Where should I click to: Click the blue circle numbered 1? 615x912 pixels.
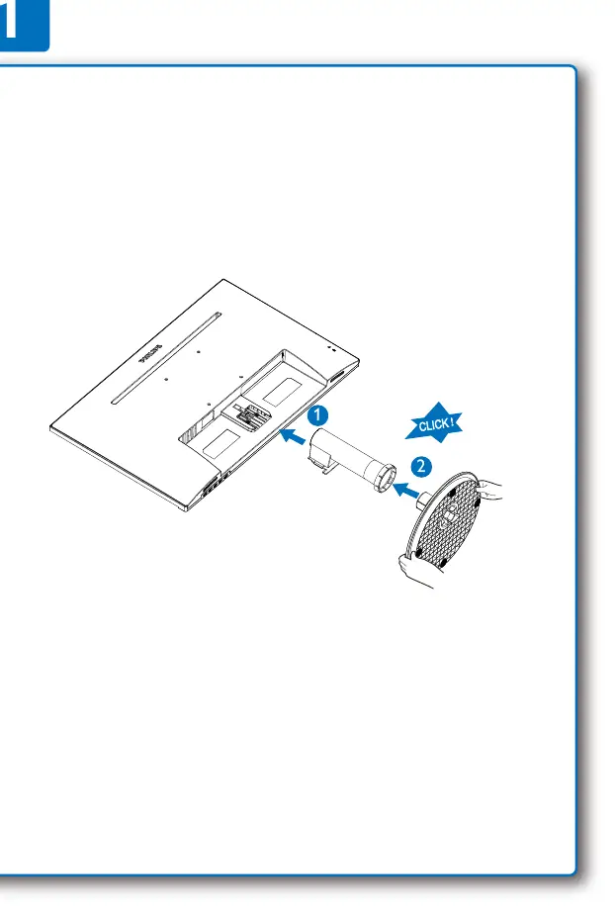pos(317,415)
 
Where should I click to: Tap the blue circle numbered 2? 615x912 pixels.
pos(421,466)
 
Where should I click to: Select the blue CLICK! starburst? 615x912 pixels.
pos(434,423)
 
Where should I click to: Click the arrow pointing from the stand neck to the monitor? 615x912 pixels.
pos(293,435)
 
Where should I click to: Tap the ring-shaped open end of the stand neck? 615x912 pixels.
pos(385,478)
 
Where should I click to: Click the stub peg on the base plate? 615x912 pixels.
pos(425,497)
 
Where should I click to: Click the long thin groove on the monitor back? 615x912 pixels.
pos(166,358)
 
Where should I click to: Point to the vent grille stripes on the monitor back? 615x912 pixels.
pos(190,431)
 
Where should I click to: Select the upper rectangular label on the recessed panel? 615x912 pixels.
pos(284,392)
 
